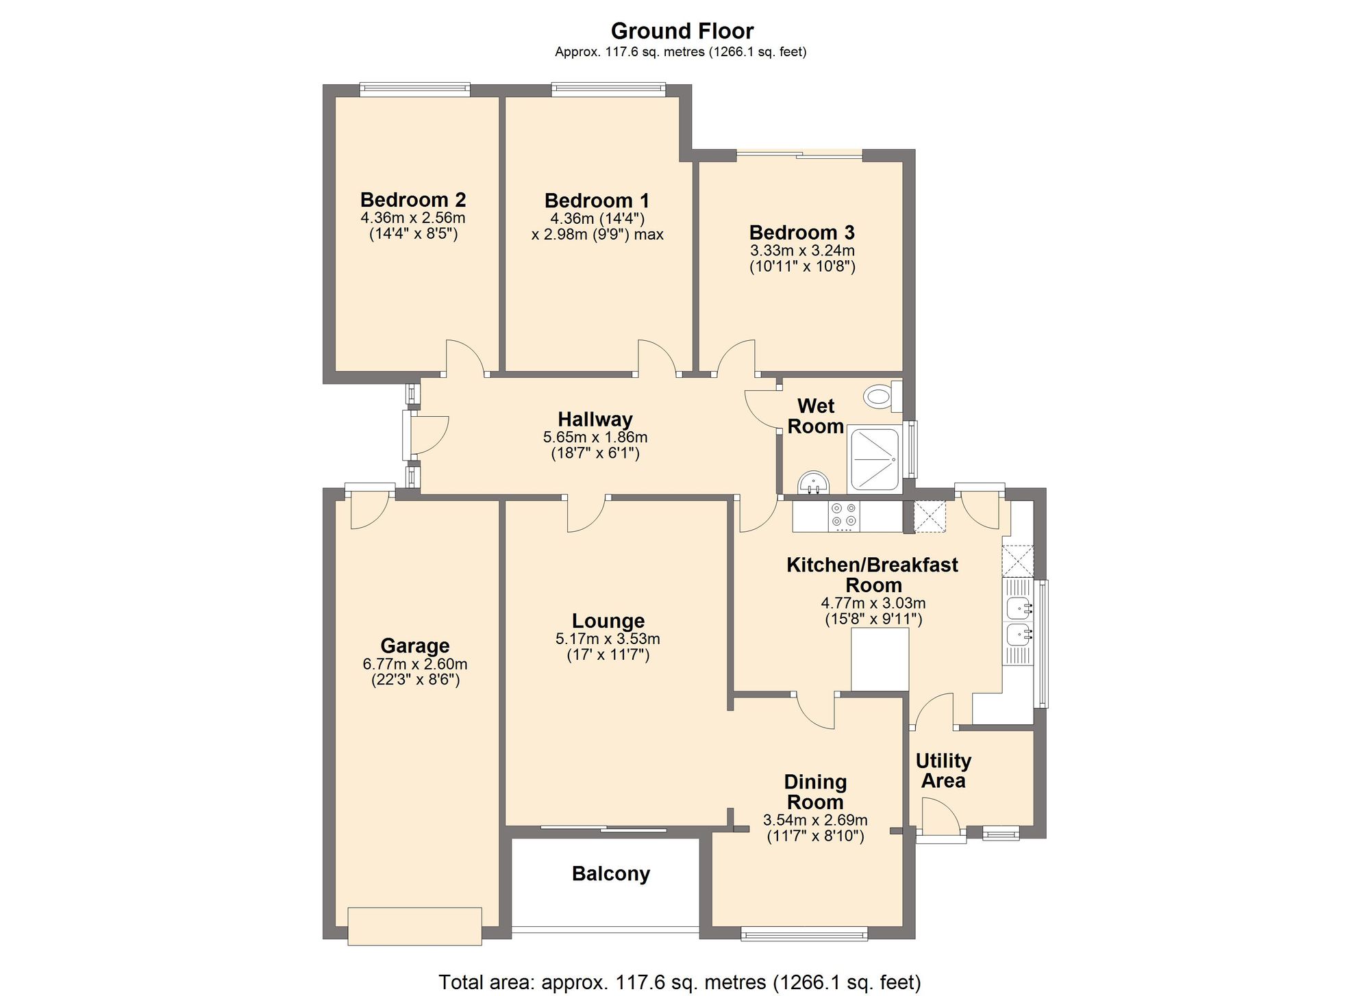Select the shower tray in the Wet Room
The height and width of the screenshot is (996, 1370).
[x=873, y=459]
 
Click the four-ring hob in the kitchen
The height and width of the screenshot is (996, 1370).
[x=843, y=517]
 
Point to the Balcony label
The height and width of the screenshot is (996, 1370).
[x=610, y=874]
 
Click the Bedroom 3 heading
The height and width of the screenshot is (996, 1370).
[x=801, y=233]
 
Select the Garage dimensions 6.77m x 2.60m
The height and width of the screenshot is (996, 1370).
[x=415, y=664]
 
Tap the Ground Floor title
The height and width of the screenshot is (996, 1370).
[x=682, y=31]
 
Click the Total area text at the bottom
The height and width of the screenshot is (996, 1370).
[x=680, y=982]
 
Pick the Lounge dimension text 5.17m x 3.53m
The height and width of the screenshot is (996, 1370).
[x=608, y=639]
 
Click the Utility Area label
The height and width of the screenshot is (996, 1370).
[x=943, y=771]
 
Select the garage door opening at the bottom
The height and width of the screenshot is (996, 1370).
[x=414, y=926]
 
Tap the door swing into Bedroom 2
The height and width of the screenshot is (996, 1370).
[x=466, y=357]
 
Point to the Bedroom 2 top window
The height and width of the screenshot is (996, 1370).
[x=415, y=89]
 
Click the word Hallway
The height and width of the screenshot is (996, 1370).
[x=595, y=420]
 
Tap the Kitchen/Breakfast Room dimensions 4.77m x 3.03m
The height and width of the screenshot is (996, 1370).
[x=873, y=604]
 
